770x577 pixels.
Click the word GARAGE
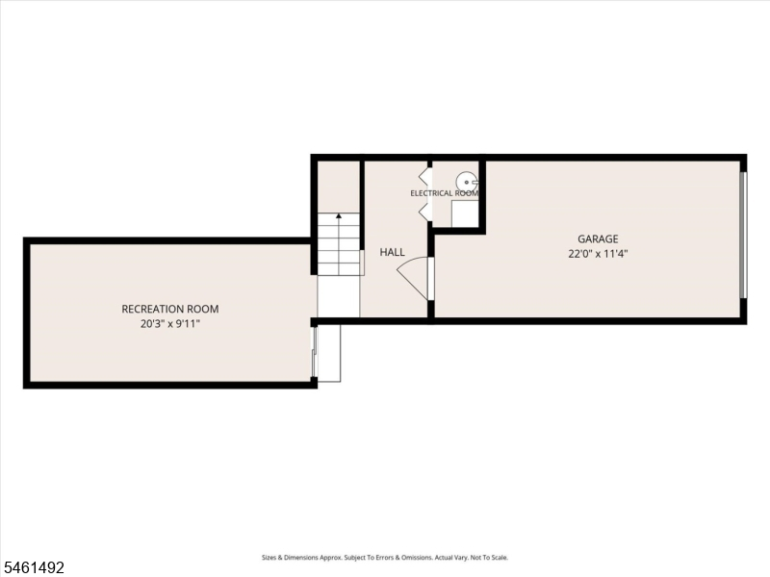point(598,238)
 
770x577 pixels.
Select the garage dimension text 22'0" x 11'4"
point(598,254)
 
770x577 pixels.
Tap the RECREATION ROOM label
point(170,309)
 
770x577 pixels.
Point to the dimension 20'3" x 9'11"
point(170,324)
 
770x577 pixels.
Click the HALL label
point(392,252)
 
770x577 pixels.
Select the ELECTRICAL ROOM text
point(445,193)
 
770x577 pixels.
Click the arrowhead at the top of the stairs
point(339,215)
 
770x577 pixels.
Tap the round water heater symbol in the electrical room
point(467,182)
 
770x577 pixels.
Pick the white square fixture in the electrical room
point(465,213)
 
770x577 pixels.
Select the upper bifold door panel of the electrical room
point(424,177)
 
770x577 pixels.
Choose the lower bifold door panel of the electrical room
point(424,212)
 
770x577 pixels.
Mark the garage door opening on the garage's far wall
point(743,235)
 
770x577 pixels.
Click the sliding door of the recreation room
point(315,352)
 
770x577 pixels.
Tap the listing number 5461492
point(33,567)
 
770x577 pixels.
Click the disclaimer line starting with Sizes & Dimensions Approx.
point(384,558)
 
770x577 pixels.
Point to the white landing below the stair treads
point(339,296)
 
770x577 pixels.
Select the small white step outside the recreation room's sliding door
point(329,353)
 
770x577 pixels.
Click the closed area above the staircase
point(339,187)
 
